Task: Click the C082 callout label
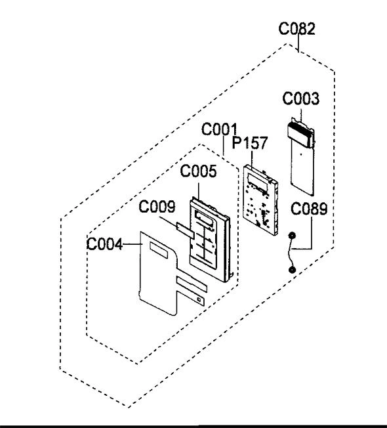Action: [x=296, y=29]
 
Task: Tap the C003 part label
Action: [x=300, y=98]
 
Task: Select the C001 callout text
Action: [x=219, y=129]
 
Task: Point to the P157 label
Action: [x=249, y=142]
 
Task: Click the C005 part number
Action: [x=198, y=171]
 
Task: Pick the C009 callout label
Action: [x=157, y=207]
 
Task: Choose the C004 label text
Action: [x=104, y=244]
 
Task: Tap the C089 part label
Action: [x=309, y=209]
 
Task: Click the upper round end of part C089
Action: [x=292, y=235]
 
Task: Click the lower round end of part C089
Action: [x=292, y=270]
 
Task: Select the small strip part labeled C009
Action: [x=185, y=230]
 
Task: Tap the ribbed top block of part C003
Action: [x=300, y=134]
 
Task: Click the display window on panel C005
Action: [x=204, y=219]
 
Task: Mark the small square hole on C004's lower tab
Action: [x=199, y=300]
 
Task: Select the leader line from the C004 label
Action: [x=132, y=244]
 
